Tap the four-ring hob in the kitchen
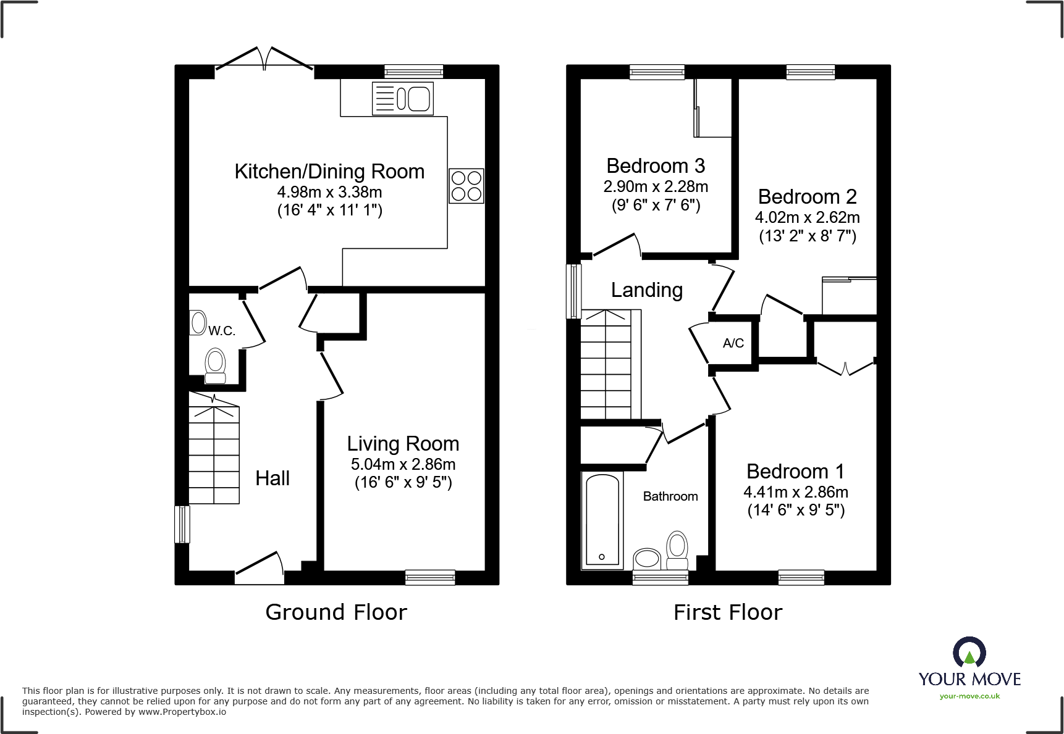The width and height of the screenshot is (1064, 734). click(467, 186)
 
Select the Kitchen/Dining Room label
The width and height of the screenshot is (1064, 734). click(329, 172)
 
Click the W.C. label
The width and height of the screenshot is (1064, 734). click(221, 331)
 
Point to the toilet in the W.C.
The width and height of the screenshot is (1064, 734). click(215, 366)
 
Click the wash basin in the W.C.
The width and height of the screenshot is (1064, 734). click(198, 322)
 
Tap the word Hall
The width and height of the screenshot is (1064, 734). click(272, 478)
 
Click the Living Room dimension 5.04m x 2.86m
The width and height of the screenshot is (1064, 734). click(403, 464)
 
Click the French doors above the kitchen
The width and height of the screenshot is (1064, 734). click(264, 59)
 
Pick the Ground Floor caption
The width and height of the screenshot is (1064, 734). click(336, 612)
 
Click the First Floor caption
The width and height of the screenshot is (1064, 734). click(728, 612)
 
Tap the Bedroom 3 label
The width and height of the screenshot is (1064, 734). click(656, 166)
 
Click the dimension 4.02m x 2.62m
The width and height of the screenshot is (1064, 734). click(807, 217)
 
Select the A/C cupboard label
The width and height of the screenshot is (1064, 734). click(733, 343)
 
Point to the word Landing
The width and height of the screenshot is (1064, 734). click(647, 290)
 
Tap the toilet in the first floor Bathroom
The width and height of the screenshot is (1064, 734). click(677, 549)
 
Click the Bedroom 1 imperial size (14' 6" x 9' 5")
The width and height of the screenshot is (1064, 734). click(796, 510)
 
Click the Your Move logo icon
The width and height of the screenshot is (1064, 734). click(969, 653)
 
